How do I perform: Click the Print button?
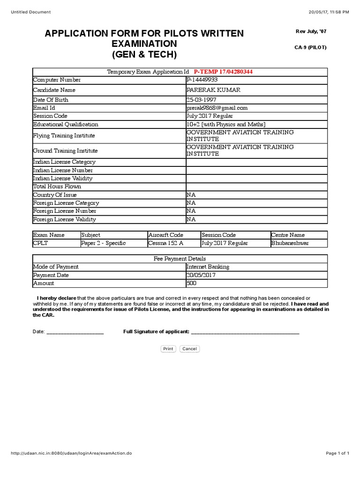pos(168,349)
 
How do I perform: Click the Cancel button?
pos(189,349)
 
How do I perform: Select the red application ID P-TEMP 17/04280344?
pos(223,72)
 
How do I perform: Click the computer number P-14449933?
pos(202,80)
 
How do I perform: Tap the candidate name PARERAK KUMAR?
pos(208,90)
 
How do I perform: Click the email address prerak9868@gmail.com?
pos(217,108)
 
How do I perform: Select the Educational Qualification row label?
pos(66,124)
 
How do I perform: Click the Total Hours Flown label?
pos(57,187)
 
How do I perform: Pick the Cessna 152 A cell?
pos(165,243)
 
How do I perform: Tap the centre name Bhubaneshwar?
pos(290,243)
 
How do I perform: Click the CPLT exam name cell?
pos(41,243)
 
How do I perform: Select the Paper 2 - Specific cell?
pos(103,243)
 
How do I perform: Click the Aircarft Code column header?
pos(165,235)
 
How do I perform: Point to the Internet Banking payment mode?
pos(208,267)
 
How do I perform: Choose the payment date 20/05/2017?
pos(201,275)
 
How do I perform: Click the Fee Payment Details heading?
pos(180,258)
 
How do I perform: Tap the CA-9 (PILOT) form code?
pos(310,47)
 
